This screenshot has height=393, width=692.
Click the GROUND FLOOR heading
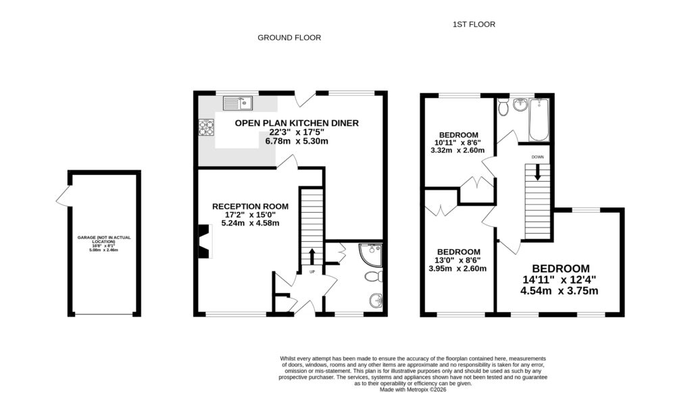click(x=289, y=38)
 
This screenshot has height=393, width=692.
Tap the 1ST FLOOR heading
click(x=474, y=24)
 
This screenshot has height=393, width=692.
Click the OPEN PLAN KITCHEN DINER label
click(x=297, y=123)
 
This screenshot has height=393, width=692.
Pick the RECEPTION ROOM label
click(x=250, y=207)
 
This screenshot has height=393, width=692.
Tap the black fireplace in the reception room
click(x=203, y=242)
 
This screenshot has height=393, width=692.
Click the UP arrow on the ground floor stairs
click(x=312, y=257)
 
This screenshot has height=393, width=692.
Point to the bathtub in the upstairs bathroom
click(x=539, y=120)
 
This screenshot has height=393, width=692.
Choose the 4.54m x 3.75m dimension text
click(x=559, y=292)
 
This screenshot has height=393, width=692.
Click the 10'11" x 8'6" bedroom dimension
click(x=458, y=143)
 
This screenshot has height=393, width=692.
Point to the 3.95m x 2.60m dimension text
click(x=458, y=269)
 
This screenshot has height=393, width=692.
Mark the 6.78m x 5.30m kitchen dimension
click(x=296, y=141)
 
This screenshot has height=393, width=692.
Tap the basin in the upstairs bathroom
click(x=520, y=105)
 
